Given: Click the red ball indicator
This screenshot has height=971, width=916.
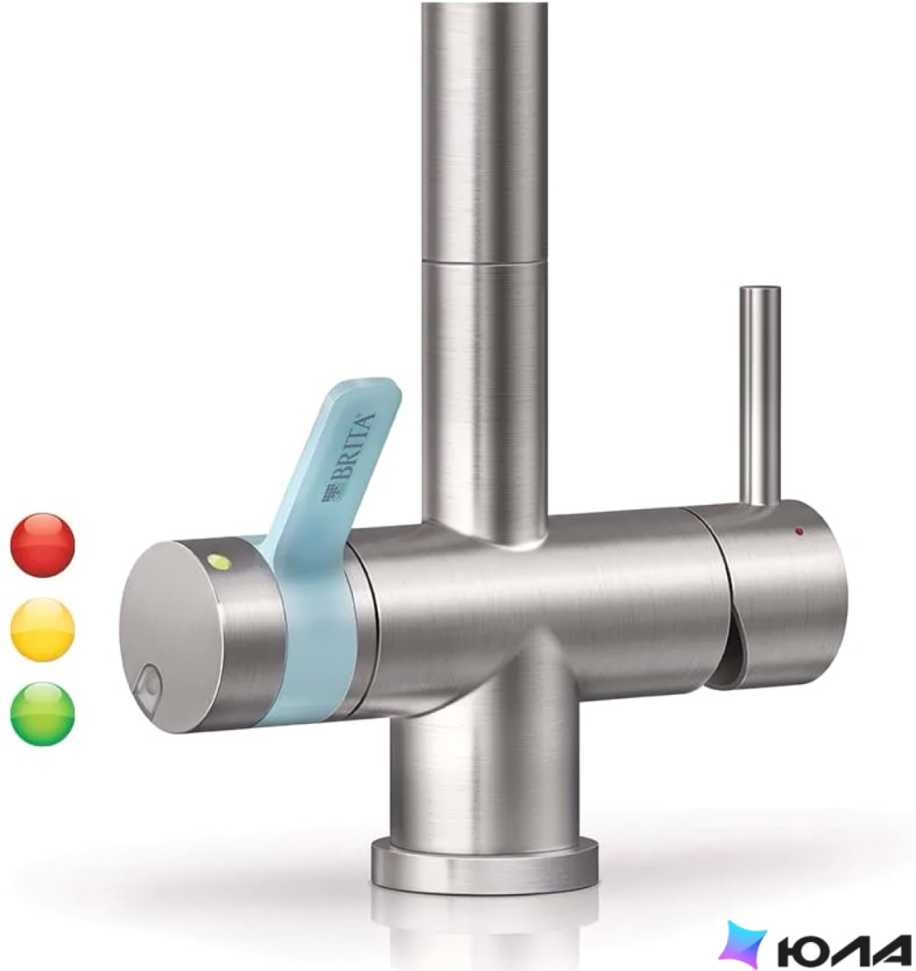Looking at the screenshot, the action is (x=42, y=545).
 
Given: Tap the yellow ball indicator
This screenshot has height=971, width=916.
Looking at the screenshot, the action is (x=42, y=629).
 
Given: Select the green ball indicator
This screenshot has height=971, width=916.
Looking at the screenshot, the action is (x=42, y=713).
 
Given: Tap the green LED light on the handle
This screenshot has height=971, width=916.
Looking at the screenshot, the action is (x=219, y=561).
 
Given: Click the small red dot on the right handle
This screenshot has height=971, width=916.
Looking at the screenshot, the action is (x=799, y=531).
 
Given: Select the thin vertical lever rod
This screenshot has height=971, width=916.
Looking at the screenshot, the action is (x=761, y=396).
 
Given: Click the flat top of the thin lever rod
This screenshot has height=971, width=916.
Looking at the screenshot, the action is (x=761, y=290).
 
